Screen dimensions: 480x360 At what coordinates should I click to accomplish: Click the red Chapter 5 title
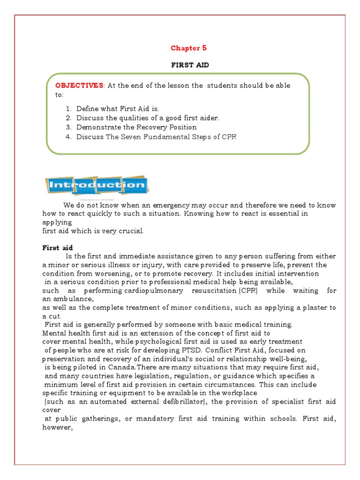click(x=188, y=48)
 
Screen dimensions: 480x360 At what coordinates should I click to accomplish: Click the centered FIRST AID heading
click(x=189, y=65)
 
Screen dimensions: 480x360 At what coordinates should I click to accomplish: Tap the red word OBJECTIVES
click(x=79, y=85)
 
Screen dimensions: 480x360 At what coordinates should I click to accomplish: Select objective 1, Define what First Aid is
click(x=114, y=108)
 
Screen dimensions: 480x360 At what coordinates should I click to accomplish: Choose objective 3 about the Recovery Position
click(x=136, y=127)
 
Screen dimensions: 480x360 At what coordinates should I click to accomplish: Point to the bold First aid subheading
click(x=58, y=247)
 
